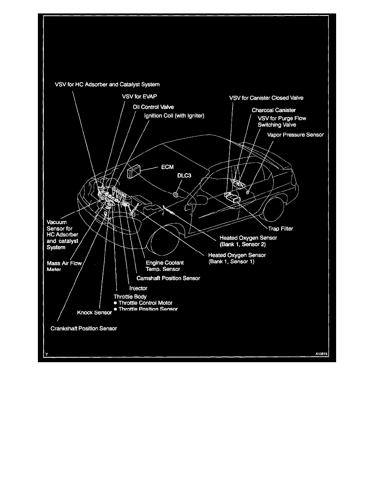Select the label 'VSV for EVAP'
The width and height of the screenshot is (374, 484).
click(x=139, y=97)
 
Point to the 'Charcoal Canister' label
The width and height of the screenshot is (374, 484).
click(x=274, y=110)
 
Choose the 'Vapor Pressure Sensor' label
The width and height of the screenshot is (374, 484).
click(x=295, y=134)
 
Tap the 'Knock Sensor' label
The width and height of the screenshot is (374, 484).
click(x=95, y=312)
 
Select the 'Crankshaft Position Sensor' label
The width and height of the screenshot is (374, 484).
click(x=84, y=328)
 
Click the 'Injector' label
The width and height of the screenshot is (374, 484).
click(x=138, y=288)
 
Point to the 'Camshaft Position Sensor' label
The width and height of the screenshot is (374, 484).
click(x=168, y=278)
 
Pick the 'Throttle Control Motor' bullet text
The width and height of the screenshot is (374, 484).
click(x=145, y=303)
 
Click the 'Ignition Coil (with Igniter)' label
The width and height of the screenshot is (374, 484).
click(x=174, y=116)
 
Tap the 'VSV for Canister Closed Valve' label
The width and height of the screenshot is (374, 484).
click(x=266, y=98)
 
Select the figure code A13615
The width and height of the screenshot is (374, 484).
click(x=321, y=354)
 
